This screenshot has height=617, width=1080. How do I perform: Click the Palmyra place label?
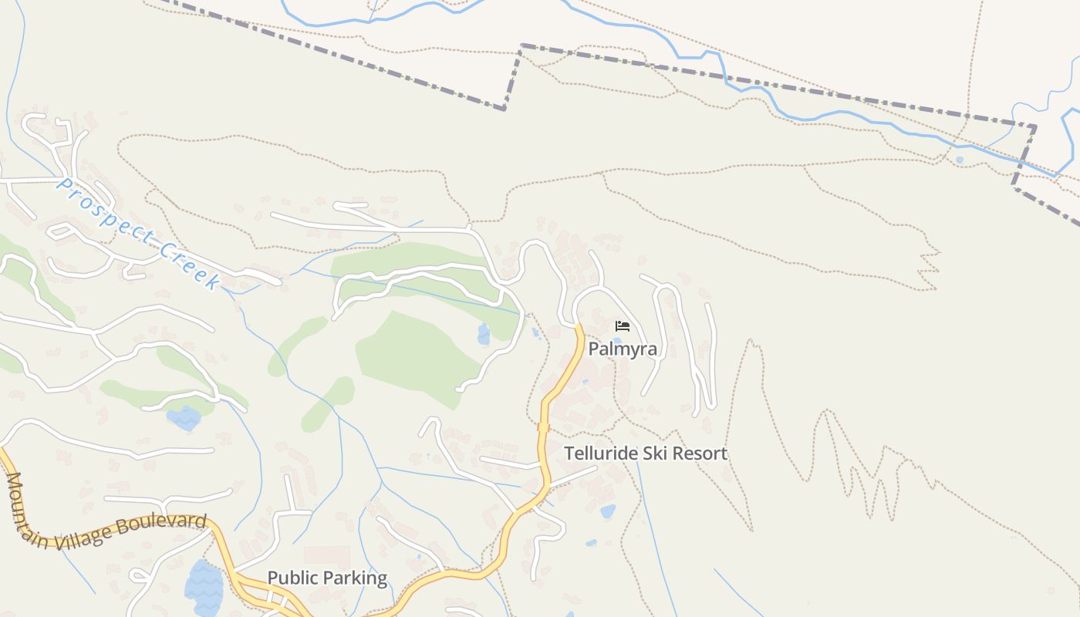tap(623, 349)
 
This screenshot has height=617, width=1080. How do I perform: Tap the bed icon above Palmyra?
tap(623, 326)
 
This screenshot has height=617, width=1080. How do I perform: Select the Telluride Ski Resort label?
tap(646, 453)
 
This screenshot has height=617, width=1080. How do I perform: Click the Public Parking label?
tap(327, 578)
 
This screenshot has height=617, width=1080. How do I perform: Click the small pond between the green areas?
tap(484, 335)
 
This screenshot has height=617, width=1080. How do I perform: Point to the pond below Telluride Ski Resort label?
tap(608, 511)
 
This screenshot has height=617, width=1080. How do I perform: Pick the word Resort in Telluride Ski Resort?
tap(699, 453)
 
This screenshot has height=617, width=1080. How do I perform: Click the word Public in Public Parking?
tap(292, 578)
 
